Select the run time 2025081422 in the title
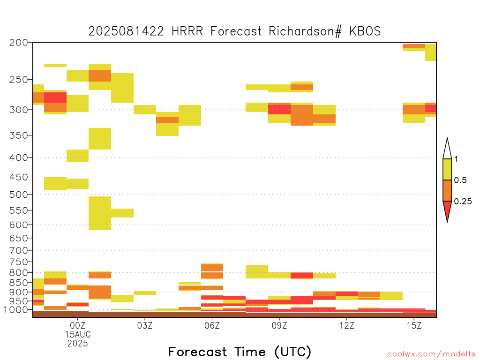(126, 31)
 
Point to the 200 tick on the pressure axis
(19, 43)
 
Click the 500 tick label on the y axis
(19, 195)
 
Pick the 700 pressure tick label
(19, 250)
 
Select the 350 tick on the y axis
(19, 135)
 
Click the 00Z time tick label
(77, 325)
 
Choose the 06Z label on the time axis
(212, 325)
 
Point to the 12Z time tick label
(346, 325)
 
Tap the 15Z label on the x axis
(414, 325)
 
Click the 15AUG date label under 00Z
(78, 334)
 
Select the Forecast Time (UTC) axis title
(240, 352)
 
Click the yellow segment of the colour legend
(447, 169)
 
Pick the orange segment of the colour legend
(447, 190)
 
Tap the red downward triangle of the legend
(447, 209)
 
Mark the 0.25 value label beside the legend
(463, 202)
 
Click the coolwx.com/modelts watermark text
(432, 354)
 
